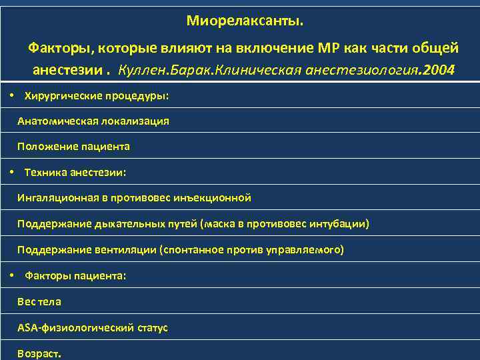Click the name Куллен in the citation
(x=141, y=69)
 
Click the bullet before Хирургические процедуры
(x=13, y=95)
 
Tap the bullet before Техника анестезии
(x=13, y=172)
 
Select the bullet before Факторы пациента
(x=13, y=275)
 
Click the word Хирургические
(x=63, y=96)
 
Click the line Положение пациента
(x=73, y=147)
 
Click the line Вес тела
(x=39, y=301)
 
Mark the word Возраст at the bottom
(x=37, y=353)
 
